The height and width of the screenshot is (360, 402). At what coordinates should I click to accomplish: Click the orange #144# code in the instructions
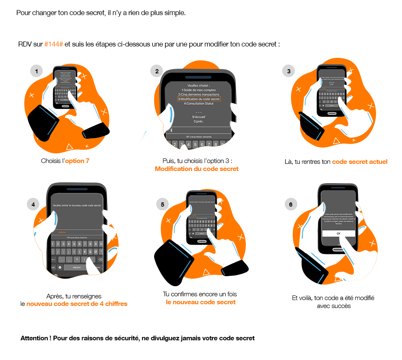[54, 44]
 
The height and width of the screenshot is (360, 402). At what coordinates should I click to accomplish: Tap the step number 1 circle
[36, 71]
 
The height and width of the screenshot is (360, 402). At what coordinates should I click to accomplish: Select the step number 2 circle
[157, 71]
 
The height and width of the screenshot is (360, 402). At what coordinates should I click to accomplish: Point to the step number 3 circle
[289, 71]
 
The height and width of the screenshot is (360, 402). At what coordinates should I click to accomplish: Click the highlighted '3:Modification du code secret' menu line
[199, 99]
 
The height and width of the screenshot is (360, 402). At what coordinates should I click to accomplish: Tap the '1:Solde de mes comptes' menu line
[199, 90]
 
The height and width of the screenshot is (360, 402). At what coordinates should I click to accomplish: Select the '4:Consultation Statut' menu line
[199, 104]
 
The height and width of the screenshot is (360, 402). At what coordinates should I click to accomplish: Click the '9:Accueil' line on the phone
[199, 117]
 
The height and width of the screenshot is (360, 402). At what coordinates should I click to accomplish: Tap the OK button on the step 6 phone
[338, 233]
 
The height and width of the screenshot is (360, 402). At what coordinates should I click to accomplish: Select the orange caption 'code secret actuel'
[360, 162]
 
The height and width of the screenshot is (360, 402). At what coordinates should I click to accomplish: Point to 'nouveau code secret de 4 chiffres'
[77, 304]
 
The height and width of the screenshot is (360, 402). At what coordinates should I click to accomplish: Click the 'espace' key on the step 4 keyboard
[77, 267]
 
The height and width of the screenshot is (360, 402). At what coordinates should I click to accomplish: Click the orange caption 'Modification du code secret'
[197, 169]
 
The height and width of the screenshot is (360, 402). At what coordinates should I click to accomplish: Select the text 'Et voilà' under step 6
[301, 298]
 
